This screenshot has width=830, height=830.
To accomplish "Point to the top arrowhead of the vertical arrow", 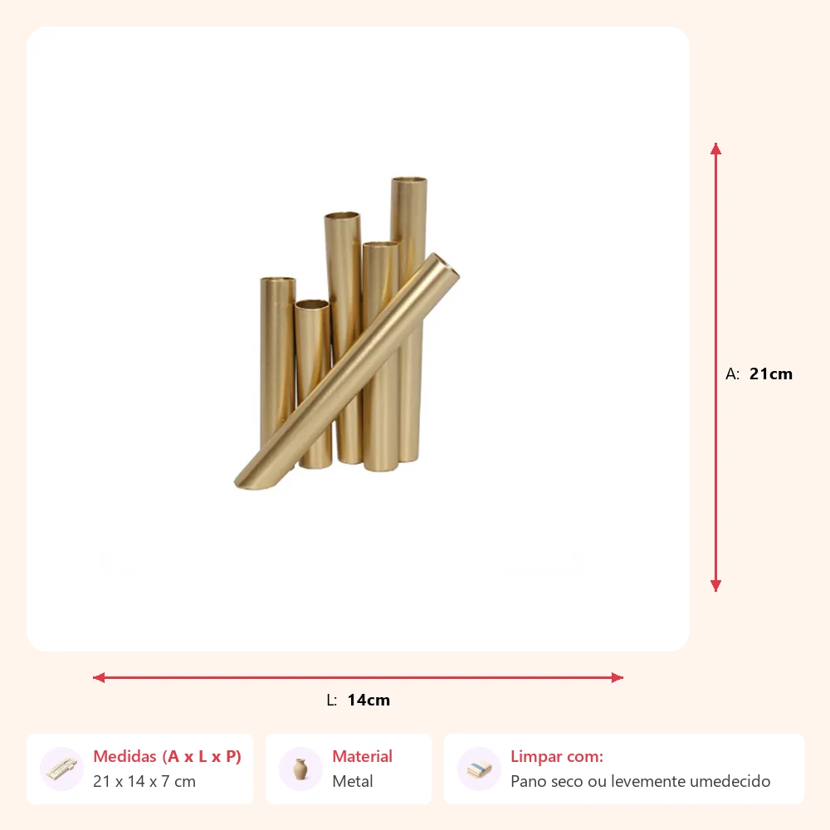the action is [x=715, y=149].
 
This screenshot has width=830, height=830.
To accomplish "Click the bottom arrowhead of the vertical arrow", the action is [x=715, y=585].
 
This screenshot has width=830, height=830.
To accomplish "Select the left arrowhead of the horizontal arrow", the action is [x=99, y=677].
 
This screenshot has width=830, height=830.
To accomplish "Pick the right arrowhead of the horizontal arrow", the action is [x=618, y=677].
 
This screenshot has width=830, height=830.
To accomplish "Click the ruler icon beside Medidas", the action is [x=61, y=769].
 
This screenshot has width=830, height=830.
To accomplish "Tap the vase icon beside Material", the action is [x=300, y=769].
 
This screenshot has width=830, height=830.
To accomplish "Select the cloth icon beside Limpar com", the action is [x=479, y=769].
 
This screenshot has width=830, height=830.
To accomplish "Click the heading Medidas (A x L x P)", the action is [x=168, y=756].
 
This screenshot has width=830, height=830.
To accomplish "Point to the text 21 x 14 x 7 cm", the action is [x=144, y=781].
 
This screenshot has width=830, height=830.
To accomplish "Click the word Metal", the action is [x=353, y=781].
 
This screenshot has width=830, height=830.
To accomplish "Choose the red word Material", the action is [x=363, y=756].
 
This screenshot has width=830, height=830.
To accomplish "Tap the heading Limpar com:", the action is [x=557, y=756].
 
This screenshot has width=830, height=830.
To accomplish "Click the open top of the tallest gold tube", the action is [x=409, y=180].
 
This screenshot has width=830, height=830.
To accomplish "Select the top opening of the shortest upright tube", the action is [x=312, y=305].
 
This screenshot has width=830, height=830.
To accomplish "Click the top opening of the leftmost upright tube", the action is [x=278, y=280].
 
